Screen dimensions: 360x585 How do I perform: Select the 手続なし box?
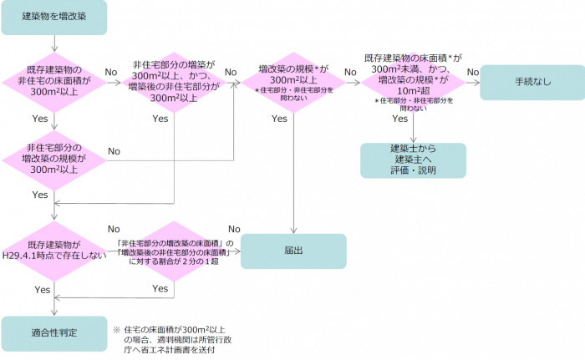532,82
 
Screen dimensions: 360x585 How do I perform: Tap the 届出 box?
293,250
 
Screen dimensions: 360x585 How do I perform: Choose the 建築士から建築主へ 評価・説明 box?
413,160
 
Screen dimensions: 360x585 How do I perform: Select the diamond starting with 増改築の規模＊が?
293,81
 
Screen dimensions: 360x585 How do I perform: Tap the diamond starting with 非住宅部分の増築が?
174,81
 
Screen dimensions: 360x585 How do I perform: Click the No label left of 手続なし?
472,73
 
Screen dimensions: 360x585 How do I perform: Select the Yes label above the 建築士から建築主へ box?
399,119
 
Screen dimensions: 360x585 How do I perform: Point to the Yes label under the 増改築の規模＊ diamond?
280,119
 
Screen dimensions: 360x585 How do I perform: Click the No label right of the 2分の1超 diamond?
234,230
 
